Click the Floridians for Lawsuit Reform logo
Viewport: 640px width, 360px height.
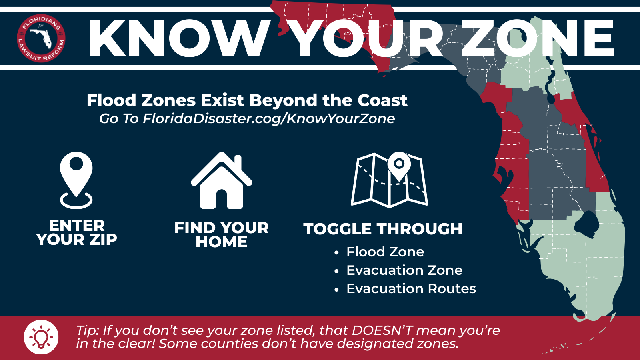point(41,38)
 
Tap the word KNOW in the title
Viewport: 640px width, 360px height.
point(180,38)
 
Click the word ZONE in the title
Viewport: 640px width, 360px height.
point(538,38)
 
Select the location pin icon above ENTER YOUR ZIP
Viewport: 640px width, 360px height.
point(76,180)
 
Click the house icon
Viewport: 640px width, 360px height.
point(222,180)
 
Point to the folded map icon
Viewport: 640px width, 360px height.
point(389,180)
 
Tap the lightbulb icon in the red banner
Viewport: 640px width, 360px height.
point(41,337)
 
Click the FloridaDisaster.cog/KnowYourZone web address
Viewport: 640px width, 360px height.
point(269,118)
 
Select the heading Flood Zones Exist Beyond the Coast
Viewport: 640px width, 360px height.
point(247,100)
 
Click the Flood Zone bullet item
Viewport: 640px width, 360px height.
point(385,252)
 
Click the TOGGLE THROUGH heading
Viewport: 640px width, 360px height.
point(383,229)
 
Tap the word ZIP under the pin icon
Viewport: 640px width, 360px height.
point(103,239)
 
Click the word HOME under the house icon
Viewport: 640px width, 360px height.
point(222,242)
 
